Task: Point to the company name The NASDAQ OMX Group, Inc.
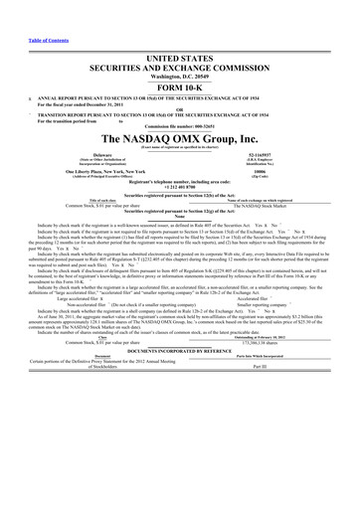[179, 137]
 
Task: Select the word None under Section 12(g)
[179, 222]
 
